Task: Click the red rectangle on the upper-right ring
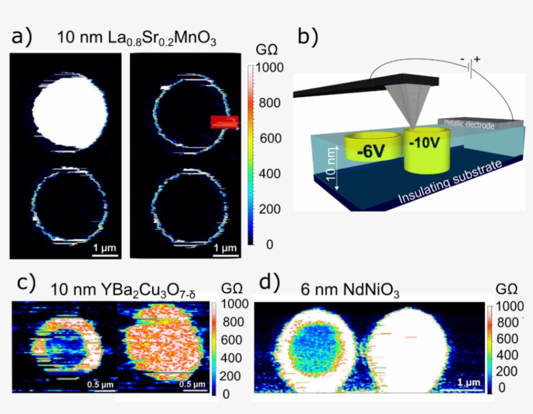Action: pyautogui.click(x=224, y=122)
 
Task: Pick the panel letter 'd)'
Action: pyautogui.click(x=268, y=283)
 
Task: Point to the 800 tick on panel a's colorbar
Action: pyautogui.click(x=266, y=103)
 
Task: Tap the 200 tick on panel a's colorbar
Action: pyautogui.click(x=266, y=209)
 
